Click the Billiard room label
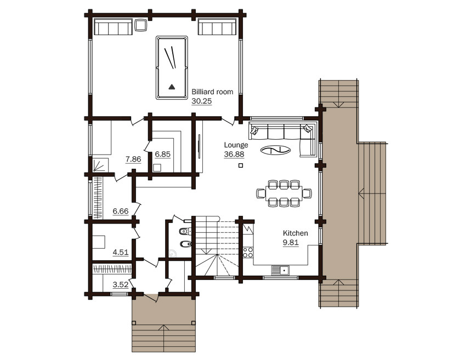[212, 92]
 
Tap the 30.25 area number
[201, 101]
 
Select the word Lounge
[236, 145]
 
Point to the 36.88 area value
[234, 154]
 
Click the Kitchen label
[295, 233]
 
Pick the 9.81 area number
[291, 242]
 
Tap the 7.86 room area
[133, 159]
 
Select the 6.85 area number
[162, 154]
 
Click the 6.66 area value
[121, 211]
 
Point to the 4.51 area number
[121, 252]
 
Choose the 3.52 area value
[121, 284]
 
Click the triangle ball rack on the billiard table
[172, 87]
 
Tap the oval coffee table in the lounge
[275, 150]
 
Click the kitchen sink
[280, 270]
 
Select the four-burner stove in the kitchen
[248, 253]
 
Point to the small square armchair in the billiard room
[140, 25]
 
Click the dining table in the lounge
[284, 193]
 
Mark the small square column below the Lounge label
[240, 165]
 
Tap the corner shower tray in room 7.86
[98, 165]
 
